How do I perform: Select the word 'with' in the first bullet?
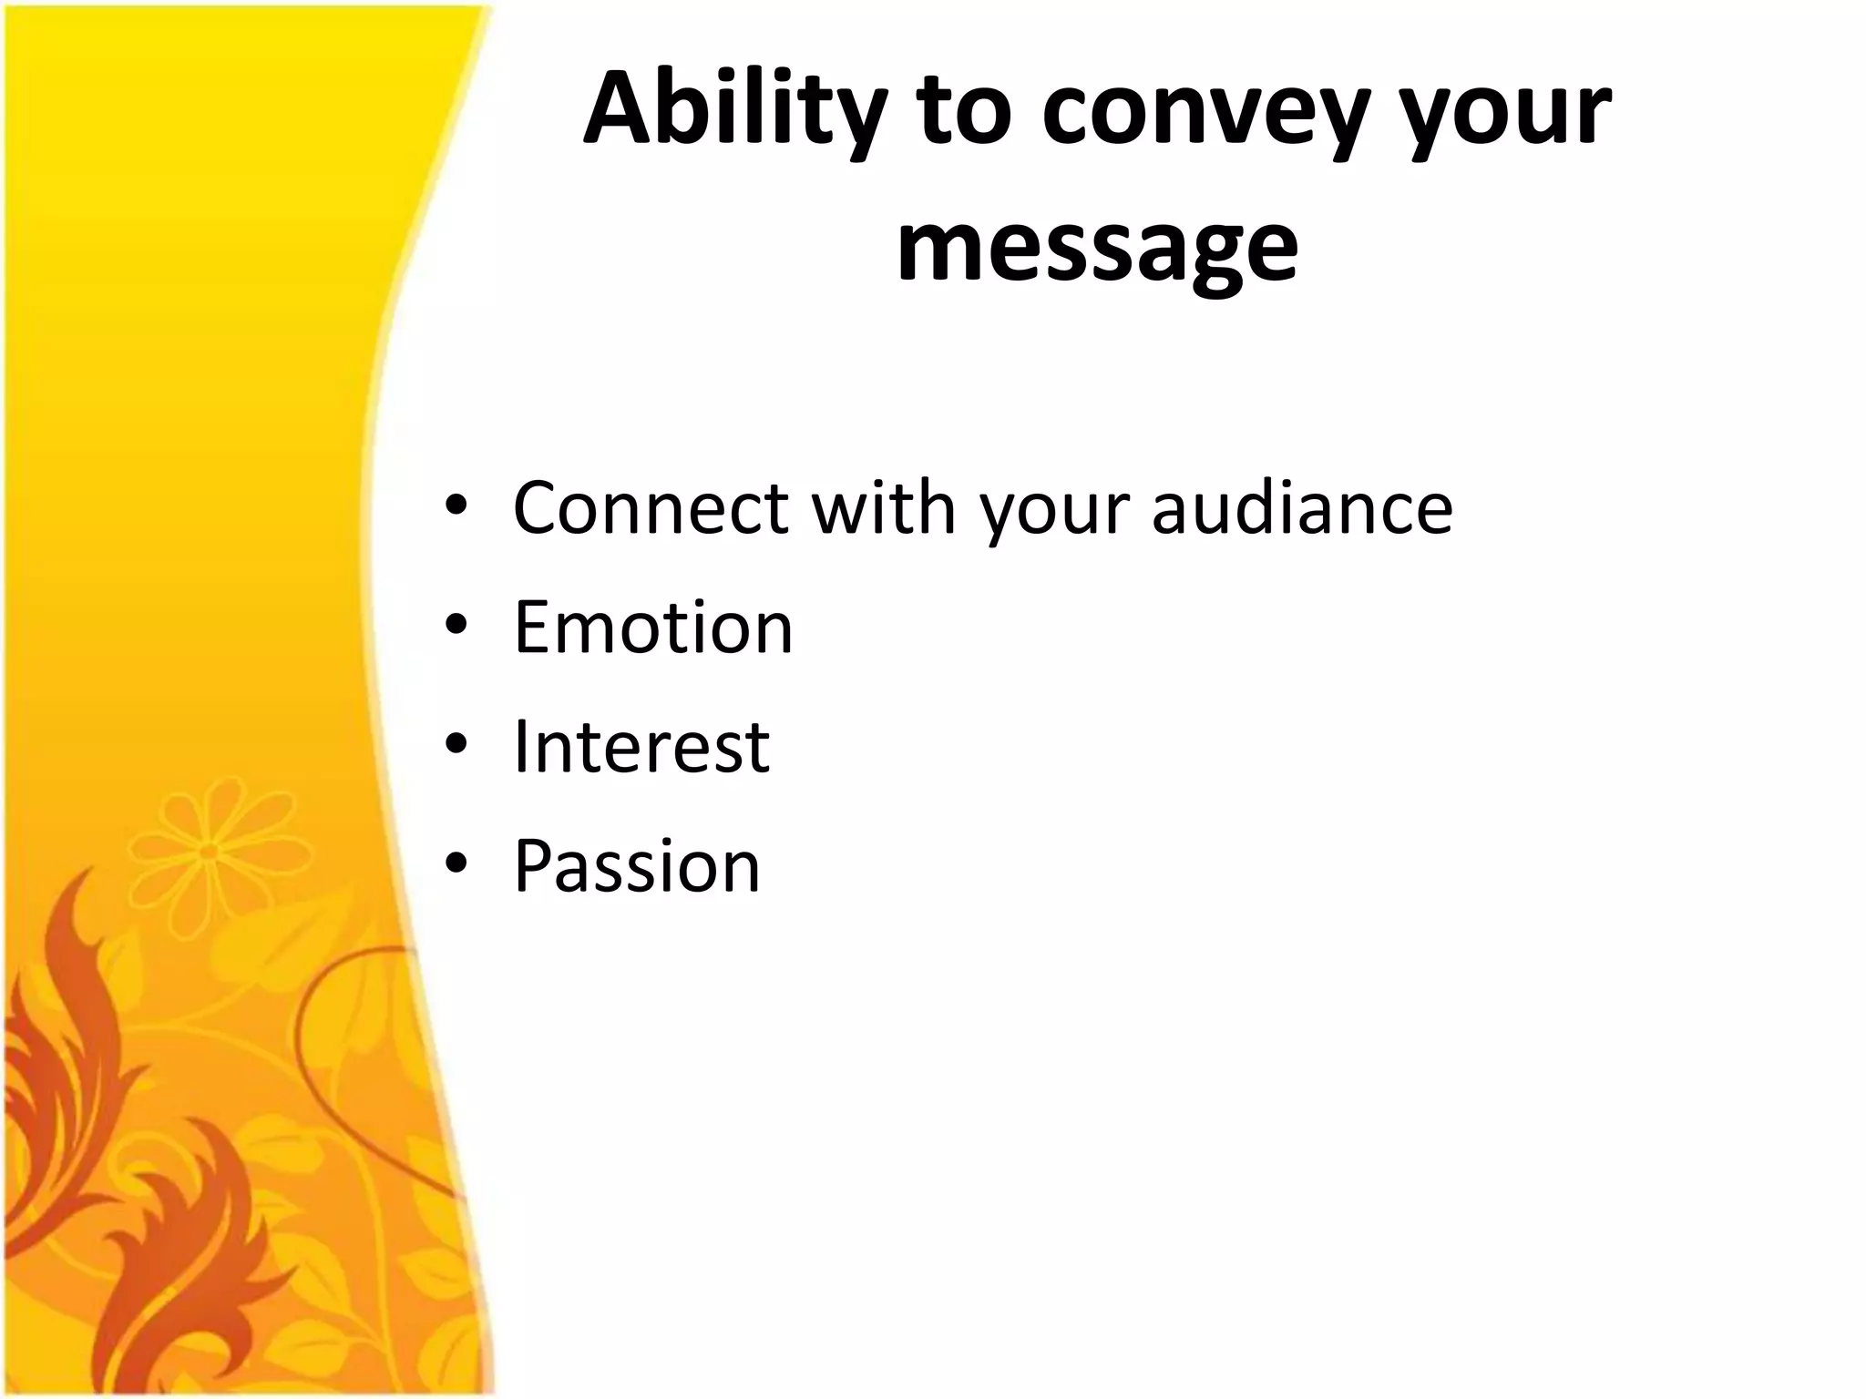(x=883, y=507)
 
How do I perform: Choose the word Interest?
(x=641, y=746)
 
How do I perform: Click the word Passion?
(x=636, y=865)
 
